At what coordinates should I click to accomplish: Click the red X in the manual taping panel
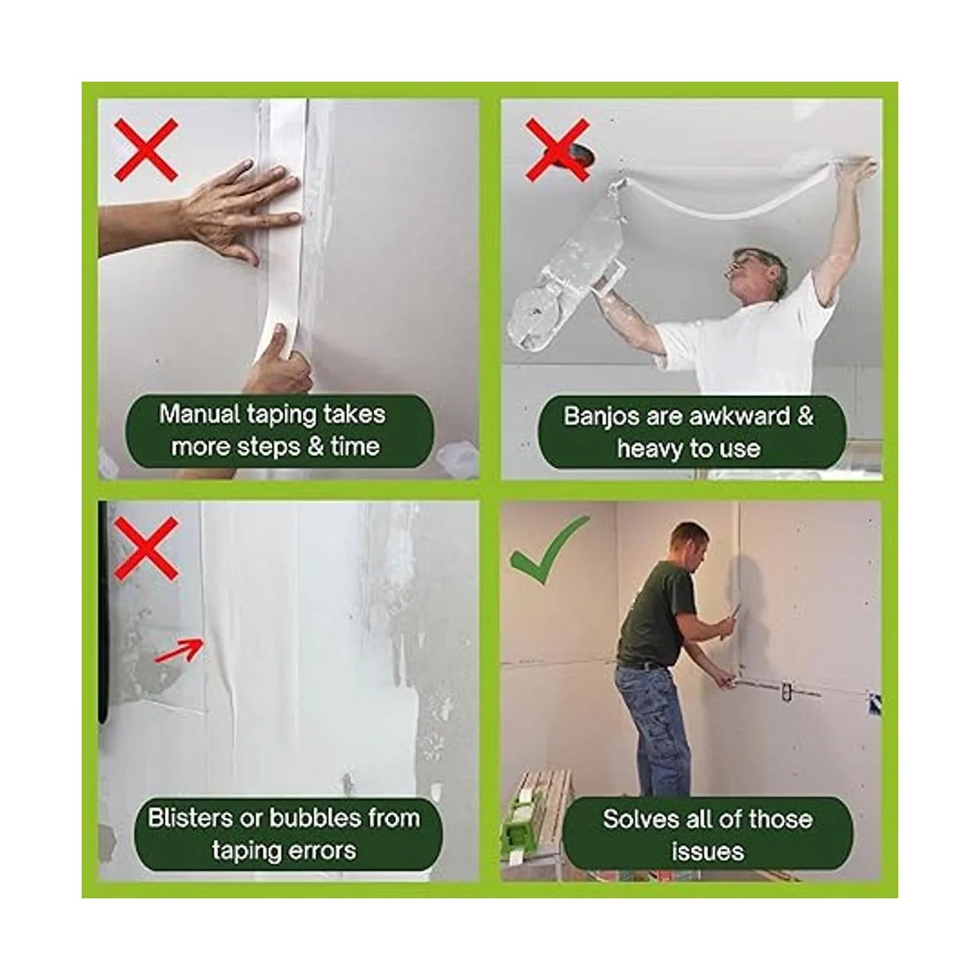click(x=146, y=150)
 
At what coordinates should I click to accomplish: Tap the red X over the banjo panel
click(x=558, y=150)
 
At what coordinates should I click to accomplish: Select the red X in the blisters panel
click(x=146, y=549)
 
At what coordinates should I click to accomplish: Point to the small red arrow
click(x=179, y=650)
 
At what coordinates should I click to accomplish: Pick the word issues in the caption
click(x=707, y=852)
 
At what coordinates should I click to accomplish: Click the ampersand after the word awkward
click(x=805, y=416)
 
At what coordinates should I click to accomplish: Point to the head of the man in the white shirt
click(x=759, y=273)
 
